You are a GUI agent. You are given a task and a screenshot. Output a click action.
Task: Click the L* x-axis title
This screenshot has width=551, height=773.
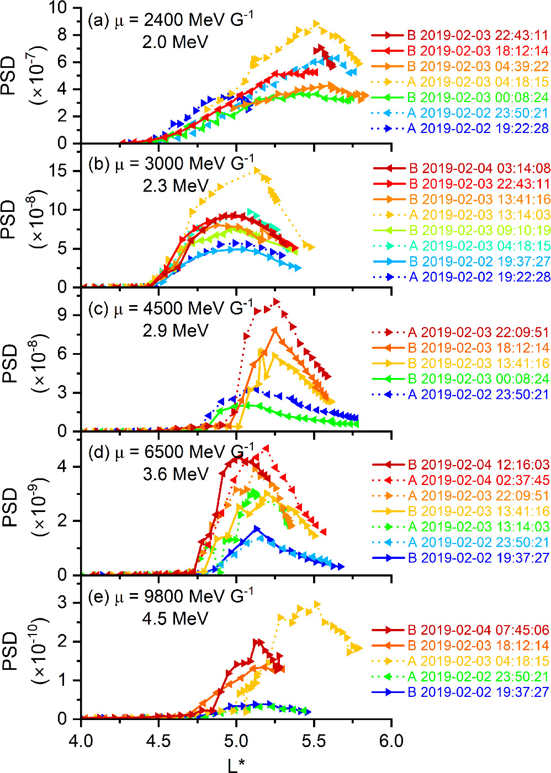pos(236,765)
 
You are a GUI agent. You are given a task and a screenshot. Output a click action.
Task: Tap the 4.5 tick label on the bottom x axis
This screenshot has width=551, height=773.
pos(158,739)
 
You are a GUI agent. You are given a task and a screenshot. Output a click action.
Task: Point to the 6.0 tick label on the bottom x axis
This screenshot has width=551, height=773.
pos(391,739)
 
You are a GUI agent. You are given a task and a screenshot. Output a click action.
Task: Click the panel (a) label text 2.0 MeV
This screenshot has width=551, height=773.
pos(175,42)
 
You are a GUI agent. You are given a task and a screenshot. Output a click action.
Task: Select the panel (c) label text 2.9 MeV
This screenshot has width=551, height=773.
pos(175,330)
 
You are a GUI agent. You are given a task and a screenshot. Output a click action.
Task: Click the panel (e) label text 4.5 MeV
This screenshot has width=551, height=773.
pos(175,618)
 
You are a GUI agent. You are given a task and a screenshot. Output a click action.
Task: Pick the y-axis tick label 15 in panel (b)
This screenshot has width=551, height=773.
pos(65,171)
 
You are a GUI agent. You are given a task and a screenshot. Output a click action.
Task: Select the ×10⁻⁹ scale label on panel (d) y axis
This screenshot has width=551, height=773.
pos(40,508)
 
